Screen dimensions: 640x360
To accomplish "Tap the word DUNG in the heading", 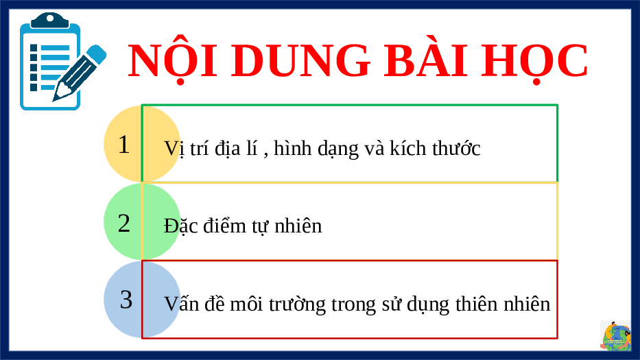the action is (x=301, y=60).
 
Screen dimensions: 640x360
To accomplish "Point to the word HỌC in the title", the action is (x=534, y=62).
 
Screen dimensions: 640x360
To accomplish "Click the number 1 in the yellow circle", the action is (x=123, y=145).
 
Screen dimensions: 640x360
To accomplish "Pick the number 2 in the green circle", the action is (x=124, y=224).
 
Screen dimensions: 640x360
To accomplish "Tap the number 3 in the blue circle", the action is (x=126, y=300).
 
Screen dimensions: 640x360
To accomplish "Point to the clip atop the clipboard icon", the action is (x=50, y=21).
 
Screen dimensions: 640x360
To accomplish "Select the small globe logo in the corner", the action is (x=615, y=336).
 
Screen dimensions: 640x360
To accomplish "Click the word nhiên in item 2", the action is (x=298, y=226).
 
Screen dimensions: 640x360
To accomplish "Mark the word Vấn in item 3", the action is (x=181, y=304).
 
